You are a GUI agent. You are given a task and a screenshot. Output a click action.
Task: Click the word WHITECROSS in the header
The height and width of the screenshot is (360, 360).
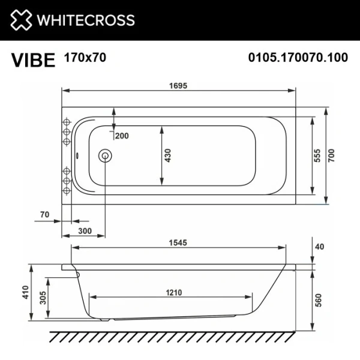tap(86, 20)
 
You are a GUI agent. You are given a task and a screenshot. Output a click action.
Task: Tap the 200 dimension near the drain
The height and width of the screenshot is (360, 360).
tap(122, 136)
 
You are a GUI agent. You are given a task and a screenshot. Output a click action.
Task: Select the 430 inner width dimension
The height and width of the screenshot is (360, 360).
tap(169, 155)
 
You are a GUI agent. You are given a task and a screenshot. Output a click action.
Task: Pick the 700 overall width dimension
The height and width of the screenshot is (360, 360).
tap(331, 155)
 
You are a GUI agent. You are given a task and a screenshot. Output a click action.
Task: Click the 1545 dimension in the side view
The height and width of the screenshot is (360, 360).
tap(178, 242)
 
